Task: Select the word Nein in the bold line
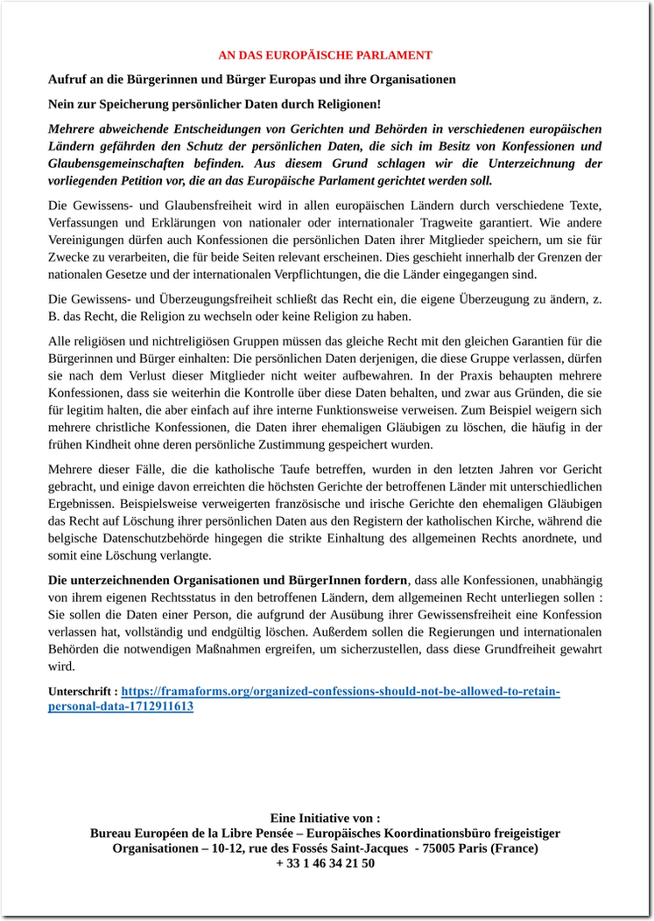click(62, 104)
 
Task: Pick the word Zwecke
click(68, 257)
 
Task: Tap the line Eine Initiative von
click(325, 819)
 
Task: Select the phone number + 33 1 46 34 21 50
click(325, 863)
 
